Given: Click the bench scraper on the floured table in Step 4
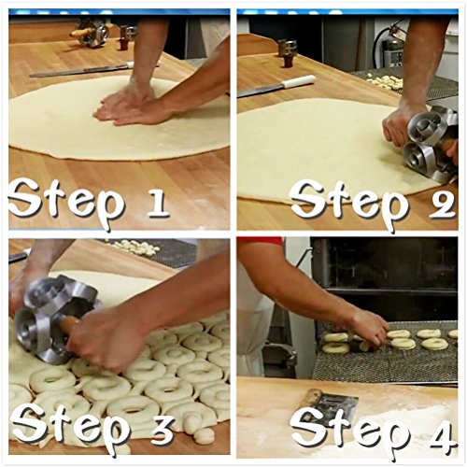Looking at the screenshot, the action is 331,404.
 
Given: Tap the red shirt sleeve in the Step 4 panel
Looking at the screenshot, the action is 260,241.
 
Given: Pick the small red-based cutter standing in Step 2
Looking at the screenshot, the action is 287,53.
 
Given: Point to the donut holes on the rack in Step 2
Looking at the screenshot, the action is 385,81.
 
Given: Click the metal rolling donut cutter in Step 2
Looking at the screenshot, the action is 432,143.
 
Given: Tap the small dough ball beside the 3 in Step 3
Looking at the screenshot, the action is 204,435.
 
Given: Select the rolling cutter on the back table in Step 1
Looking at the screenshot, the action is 91,32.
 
